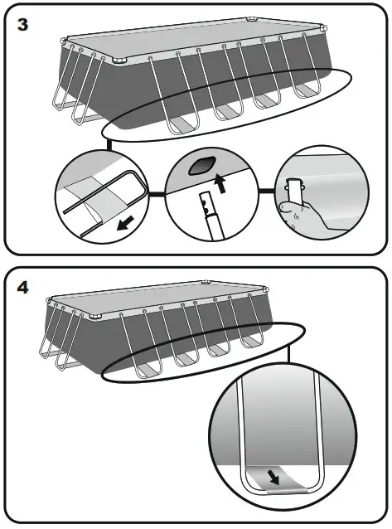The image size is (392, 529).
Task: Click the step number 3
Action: click(x=22, y=25)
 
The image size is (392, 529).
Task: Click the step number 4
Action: click(x=22, y=288)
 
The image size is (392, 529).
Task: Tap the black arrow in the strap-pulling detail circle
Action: click(x=125, y=223)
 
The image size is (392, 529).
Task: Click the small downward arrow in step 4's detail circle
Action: click(x=273, y=478)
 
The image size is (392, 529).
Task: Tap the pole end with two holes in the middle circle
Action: click(x=206, y=205)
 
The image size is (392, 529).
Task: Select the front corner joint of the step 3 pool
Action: click(x=121, y=61)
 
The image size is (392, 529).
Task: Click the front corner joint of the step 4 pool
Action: click(x=95, y=317)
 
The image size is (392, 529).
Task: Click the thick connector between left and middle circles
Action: click(x=156, y=194)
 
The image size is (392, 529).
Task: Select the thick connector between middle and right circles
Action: click(x=267, y=192)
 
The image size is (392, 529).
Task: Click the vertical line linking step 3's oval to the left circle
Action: click(x=109, y=144)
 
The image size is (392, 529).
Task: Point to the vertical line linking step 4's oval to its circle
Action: click(x=288, y=353)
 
